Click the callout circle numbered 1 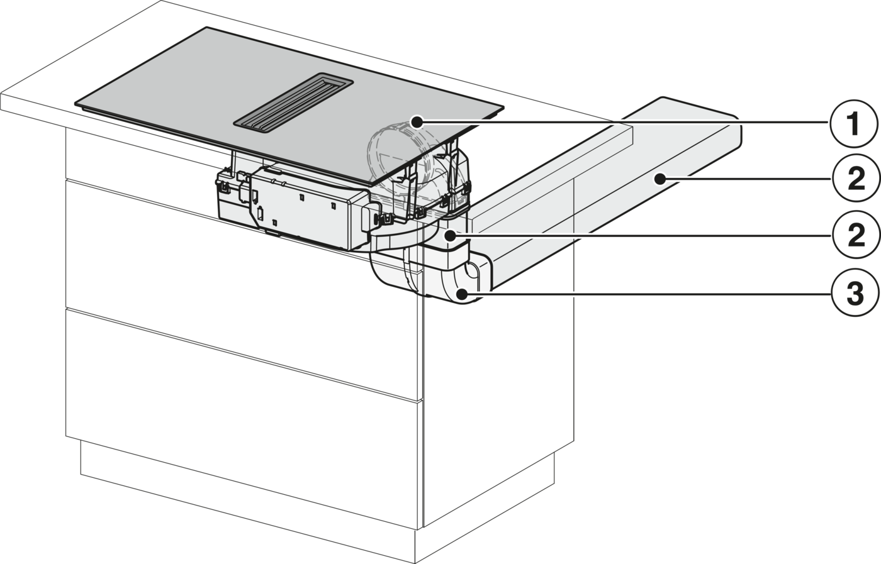click(x=854, y=123)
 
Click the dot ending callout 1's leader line click(x=417, y=122)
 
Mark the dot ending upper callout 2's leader click(x=659, y=180)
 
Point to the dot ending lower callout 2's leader click(x=451, y=235)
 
